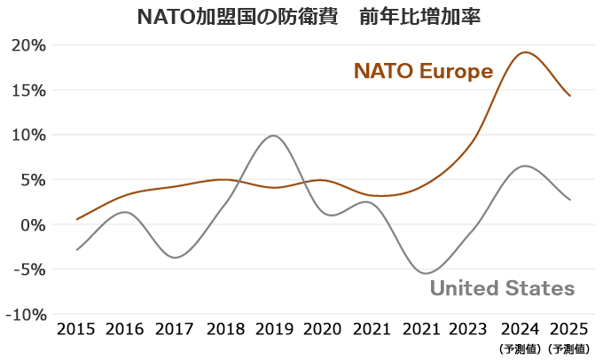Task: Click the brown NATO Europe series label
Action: click(x=423, y=71)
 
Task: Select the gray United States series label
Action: click(x=502, y=288)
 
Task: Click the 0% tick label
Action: click(x=31, y=224)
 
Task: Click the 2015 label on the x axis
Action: click(x=77, y=331)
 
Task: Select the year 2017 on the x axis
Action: click(x=176, y=331)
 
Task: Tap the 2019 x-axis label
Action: click(x=275, y=331)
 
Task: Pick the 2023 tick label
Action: click(x=472, y=331)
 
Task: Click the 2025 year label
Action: click(x=570, y=331)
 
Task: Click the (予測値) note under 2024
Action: click(x=521, y=348)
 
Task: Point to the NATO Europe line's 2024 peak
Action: click(x=525, y=52)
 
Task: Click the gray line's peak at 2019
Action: click(x=274, y=136)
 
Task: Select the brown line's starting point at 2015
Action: click(x=77, y=219)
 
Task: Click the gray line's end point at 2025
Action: click(x=570, y=200)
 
